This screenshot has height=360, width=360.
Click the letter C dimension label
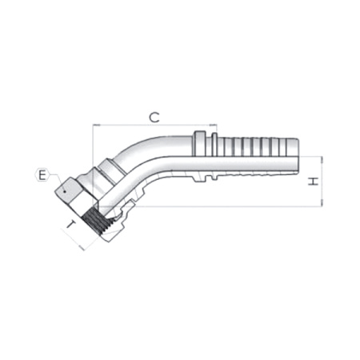pyautogui.click(x=154, y=117)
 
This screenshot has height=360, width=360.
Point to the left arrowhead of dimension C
pyautogui.click(x=96, y=126)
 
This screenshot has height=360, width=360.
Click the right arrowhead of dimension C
pyautogui.click(x=214, y=126)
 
